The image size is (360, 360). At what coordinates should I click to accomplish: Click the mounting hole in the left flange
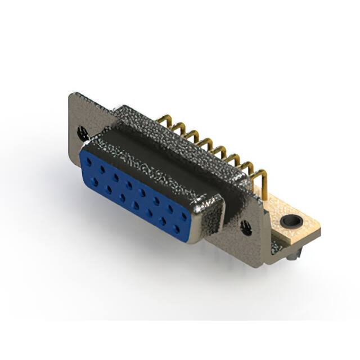tap(83, 133)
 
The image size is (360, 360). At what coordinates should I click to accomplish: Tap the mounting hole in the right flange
tap(246, 228)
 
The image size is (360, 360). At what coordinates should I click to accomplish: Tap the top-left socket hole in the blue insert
tap(88, 161)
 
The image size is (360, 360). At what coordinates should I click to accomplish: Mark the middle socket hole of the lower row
tap(136, 204)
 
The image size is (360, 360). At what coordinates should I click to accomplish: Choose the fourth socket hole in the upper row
tap(129, 184)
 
